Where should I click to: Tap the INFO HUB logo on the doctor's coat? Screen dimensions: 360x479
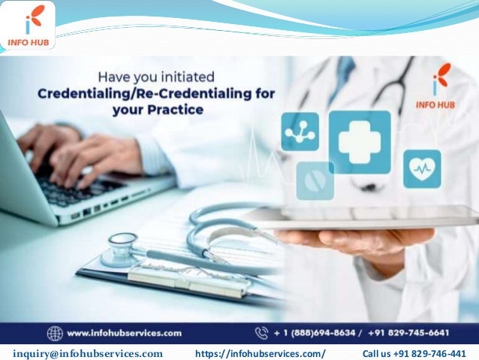(x=442, y=85)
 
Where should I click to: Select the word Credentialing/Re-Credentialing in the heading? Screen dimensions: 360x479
(x=156, y=93)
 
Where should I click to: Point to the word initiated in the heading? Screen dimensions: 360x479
(x=185, y=77)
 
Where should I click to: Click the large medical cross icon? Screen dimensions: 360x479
(x=360, y=142)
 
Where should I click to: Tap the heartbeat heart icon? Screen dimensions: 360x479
(x=422, y=169)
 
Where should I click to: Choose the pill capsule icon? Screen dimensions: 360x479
(x=315, y=180)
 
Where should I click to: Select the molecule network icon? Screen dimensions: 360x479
(x=300, y=132)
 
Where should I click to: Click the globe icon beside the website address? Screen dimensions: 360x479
(x=55, y=333)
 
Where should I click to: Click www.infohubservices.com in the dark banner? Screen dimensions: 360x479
(x=125, y=333)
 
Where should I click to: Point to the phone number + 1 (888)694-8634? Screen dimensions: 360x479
(x=318, y=333)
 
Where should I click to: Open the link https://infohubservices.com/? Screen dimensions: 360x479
(x=260, y=353)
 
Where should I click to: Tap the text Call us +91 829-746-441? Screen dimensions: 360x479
(x=414, y=353)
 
